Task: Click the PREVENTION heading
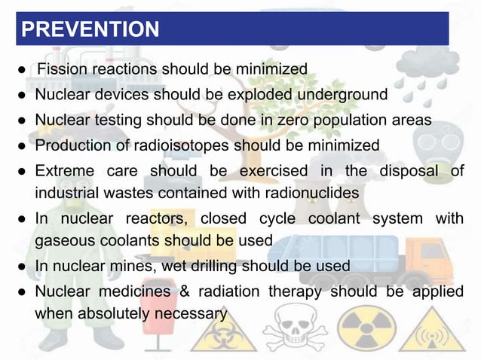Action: coord(90,29)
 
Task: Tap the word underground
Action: coord(343,95)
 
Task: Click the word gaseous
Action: coord(63,242)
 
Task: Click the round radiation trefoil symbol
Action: coord(366,330)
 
